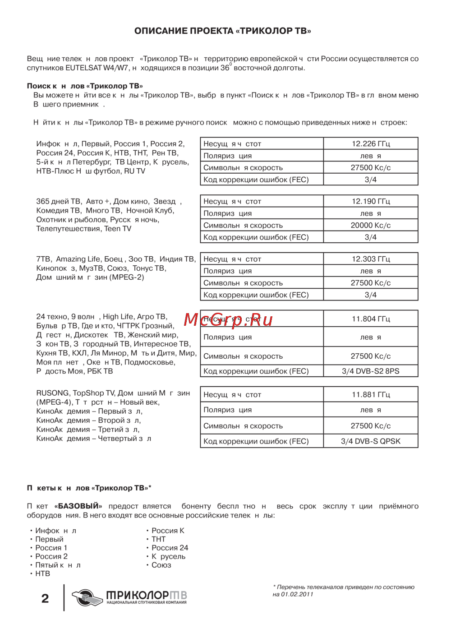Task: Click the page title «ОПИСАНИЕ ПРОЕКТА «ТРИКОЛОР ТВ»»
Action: tap(222, 31)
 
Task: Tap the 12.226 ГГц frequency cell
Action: tap(371, 144)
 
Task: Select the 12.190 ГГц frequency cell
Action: tap(371, 201)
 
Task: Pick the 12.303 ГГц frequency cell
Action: tap(371, 259)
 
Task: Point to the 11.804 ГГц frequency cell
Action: tap(371, 319)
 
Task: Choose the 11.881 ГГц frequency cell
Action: tap(371, 395)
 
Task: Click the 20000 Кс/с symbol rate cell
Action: tap(371, 225)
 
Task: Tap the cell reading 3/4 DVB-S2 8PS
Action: tap(371, 371)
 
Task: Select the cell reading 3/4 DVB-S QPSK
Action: tap(371, 441)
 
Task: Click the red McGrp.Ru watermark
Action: tap(228, 319)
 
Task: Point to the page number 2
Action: tap(45, 599)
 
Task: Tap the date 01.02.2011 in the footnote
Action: tap(297, 594)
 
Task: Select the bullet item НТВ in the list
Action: tap(43, 573)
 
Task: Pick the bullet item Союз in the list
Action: tap(161, 565)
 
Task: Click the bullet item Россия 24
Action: tap(170, 548)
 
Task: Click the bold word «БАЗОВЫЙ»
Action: tap(78, 506)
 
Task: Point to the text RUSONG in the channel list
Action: tap(53, 393)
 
